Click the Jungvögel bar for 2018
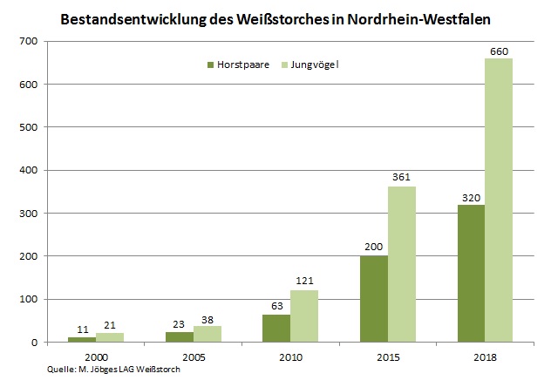tap(499, 200)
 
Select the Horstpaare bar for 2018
tap(471, 274)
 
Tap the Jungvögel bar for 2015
tap(401, 264)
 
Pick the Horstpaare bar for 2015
tap(374, 299)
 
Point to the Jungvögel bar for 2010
tap(303, 316)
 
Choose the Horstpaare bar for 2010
tap(276, 329)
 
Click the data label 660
tap(499, 51)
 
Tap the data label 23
tap(179, 324)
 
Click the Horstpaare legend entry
tap(238, 64)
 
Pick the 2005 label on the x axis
tap(193, 356)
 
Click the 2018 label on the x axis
tap(485, 356)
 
